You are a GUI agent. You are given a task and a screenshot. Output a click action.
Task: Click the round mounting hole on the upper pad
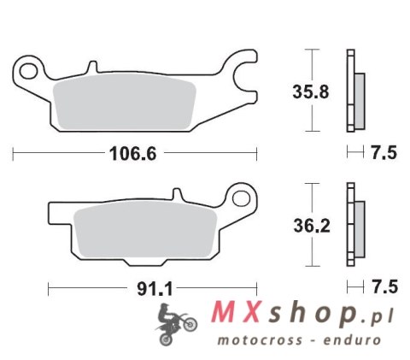coord(32,68)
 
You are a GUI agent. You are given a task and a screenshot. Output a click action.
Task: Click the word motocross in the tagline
coord(250,341)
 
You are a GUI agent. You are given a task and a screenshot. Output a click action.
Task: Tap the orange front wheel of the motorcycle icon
coord(190,325)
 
